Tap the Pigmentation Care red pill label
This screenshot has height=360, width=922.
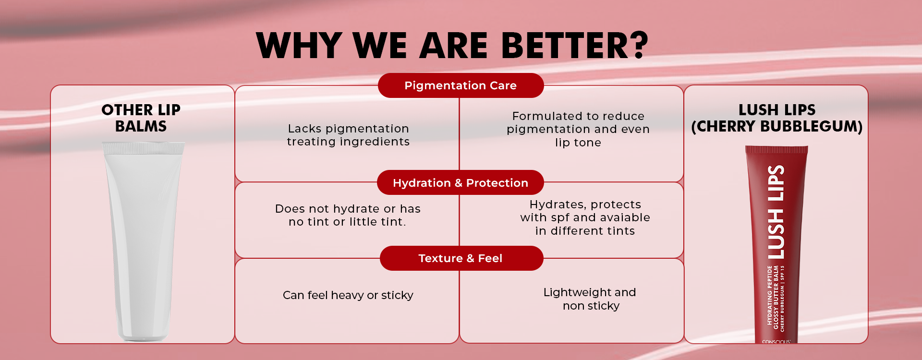(x=461, y=85)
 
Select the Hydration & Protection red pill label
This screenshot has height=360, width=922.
(x=461, y=183)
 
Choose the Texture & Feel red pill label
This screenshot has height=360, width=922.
(x=461, y=258)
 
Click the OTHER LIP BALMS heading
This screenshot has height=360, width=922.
(x=141, y=118)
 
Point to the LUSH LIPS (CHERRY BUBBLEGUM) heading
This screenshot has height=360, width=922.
(x=777, y=118)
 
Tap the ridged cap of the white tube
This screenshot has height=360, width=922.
(x=143, y=148)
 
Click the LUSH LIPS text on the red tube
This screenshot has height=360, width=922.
(x=776, y=212)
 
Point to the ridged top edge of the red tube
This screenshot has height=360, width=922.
(x=776, y=149)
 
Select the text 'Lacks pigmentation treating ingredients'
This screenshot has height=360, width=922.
(x=348, y=135)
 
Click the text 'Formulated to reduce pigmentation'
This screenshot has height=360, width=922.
(x=578, y=122)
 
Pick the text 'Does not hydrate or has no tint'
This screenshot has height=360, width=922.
(x=348, y=215)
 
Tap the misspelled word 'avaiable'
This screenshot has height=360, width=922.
(x=622, y=217)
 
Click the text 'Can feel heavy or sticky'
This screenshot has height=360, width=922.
(x=348, y=295)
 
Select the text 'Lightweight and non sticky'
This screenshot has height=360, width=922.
(x=590, y=299)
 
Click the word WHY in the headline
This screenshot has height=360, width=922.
(x=300, y=46)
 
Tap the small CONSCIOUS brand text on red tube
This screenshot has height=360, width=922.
(x=776, y=342)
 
